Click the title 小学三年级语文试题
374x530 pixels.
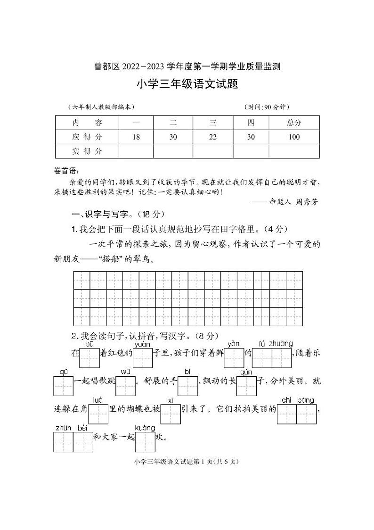point(187,84)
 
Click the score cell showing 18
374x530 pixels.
point(136,137)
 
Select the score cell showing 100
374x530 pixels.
point(294,137)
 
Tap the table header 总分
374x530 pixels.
point(294,123)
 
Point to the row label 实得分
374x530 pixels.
point(87,151)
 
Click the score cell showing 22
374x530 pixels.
point(212,137)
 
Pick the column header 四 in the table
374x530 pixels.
point(251,123)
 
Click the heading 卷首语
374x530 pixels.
point(67,171)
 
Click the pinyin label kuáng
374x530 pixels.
point(145,428)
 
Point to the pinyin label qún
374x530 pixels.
point(246,372)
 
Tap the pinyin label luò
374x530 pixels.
point(98,400)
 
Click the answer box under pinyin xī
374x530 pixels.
point(171,415)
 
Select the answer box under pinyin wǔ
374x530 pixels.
point(125,387)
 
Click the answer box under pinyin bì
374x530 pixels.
point(187,387)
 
